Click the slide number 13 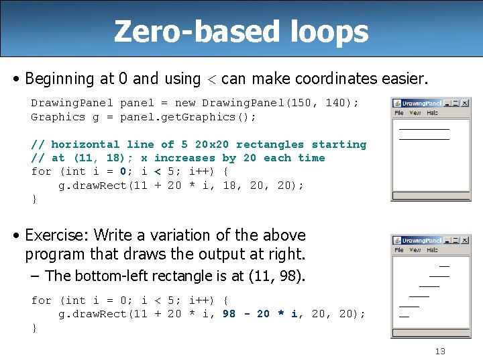440,351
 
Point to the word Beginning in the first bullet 60,79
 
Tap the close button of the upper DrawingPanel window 465,104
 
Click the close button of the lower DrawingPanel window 465,240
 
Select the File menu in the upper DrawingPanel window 399,113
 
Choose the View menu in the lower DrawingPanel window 415,249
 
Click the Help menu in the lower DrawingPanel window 433,249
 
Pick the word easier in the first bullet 403,79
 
